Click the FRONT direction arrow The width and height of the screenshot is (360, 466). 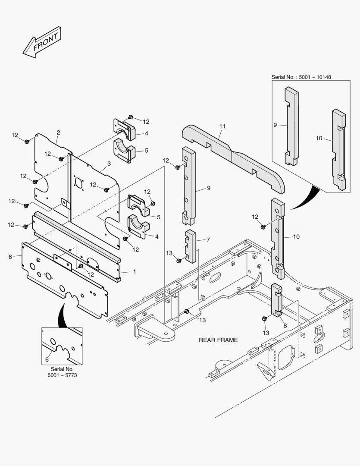coord(42,42)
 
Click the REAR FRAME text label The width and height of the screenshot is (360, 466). coord(218,340)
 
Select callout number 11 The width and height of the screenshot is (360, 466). coord(222,126)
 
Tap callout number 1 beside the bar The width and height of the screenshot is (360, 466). coord(134,271)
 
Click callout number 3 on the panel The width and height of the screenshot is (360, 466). coord(109,164)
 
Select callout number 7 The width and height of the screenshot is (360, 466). coord(208,239)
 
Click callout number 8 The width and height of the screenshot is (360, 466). coord(285,325)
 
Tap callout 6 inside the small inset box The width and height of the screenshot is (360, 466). coord(47,359)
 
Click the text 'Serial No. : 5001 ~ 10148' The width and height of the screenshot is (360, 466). coord(304,77)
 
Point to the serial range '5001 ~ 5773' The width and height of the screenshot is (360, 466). coord(62,376)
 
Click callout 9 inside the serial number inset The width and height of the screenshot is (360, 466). coord(275,125)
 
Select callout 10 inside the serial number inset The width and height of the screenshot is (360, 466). coord(319,138)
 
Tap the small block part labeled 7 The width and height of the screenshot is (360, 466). coord(190,246)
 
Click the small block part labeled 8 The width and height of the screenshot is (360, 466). coord(276,298)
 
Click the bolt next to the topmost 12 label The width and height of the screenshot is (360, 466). coord(131,117)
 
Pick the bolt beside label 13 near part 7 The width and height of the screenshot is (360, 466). coord(178,260)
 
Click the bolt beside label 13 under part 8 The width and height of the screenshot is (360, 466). coord(264,318)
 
